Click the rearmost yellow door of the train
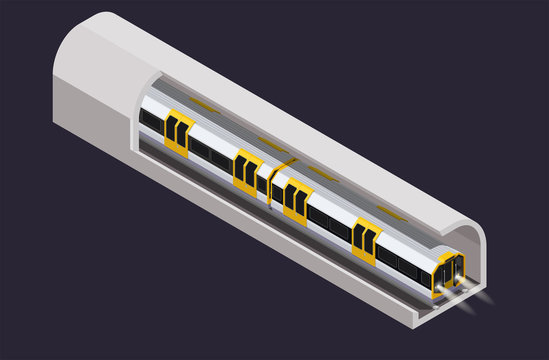pos(179,134)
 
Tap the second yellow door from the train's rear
pos(246,169)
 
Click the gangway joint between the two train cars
pos(270,181)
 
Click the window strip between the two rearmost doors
pos(212,154)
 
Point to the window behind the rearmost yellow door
pos(151,121)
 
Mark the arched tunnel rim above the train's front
pos(465,236)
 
